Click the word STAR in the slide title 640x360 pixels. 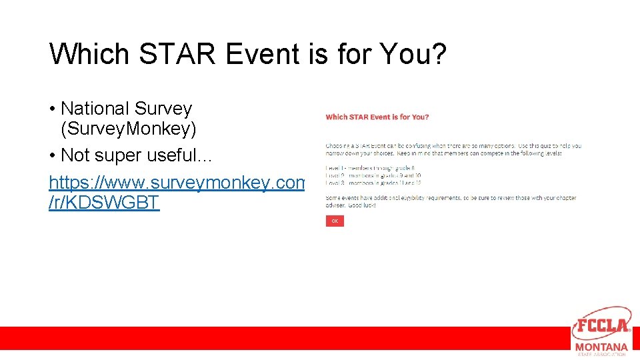pos(170,54)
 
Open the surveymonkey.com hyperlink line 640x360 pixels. pos(177,182)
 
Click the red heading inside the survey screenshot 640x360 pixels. pos(377,117)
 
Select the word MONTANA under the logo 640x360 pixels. pos(601,347)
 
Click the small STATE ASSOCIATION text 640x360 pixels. pos(601,355)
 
